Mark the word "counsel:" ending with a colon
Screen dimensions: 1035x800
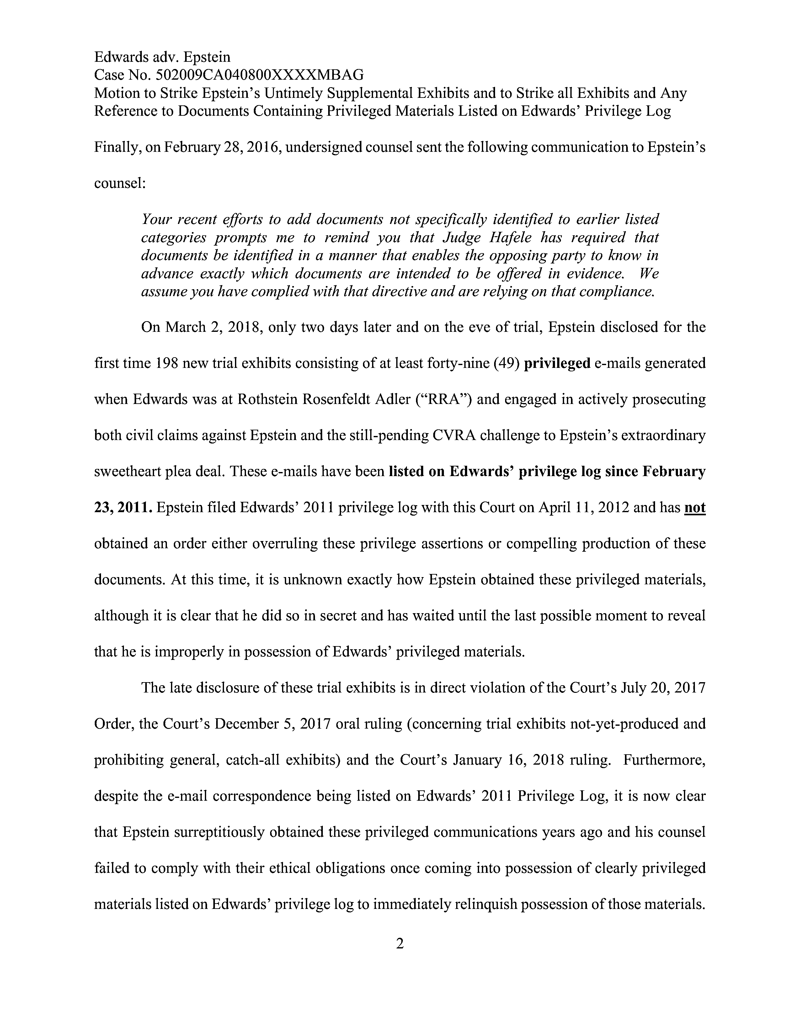coord(120,183)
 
